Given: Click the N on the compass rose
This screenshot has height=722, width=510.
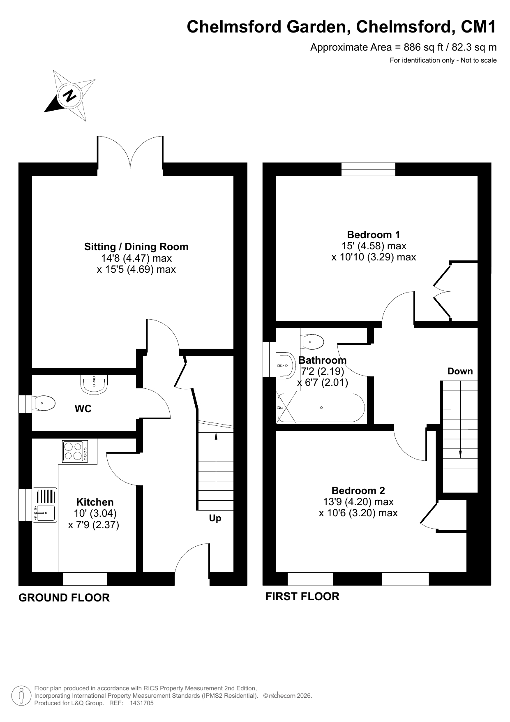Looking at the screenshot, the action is tap(70, 96).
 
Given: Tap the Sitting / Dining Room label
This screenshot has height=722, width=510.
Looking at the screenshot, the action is tap(136, 247).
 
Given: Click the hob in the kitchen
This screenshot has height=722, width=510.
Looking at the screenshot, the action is tap(75, 451).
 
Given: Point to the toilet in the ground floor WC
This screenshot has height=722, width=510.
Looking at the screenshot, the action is tap(44, 403).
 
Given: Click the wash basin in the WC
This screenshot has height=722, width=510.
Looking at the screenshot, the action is tap(95, 384).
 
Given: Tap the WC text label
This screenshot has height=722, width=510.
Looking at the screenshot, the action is tap(83, 409).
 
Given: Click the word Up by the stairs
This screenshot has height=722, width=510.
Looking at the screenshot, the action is tap(215, 518).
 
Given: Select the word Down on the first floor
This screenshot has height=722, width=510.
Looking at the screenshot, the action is tap(460, 371).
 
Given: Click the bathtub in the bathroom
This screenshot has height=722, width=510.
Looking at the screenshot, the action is tap(321, 408).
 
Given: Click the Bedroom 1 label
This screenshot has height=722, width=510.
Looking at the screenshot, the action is tap(373, 235).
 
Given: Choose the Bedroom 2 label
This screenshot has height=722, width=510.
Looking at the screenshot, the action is tap(358, 490).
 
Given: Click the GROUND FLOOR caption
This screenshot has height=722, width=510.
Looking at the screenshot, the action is tap(64, 598).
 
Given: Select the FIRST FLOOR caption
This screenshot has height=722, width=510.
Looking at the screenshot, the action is tap(302, 597).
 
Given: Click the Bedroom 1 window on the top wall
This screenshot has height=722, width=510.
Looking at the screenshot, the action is tap(368, 169).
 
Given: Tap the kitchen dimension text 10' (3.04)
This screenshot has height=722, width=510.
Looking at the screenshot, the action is tap(95, 513).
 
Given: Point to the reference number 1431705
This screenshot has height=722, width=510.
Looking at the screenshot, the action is tap(141, 703).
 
